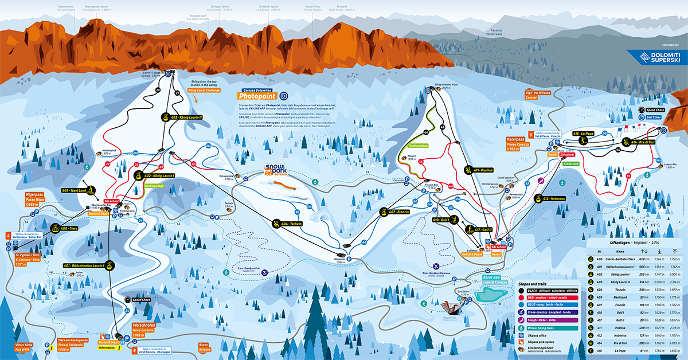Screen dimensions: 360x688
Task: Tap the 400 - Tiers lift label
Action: coord(65,229)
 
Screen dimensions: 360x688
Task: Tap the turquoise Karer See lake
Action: coord(491,295)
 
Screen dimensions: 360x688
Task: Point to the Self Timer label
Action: coord(654,117)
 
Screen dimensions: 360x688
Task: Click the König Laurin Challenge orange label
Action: coord(204,90)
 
